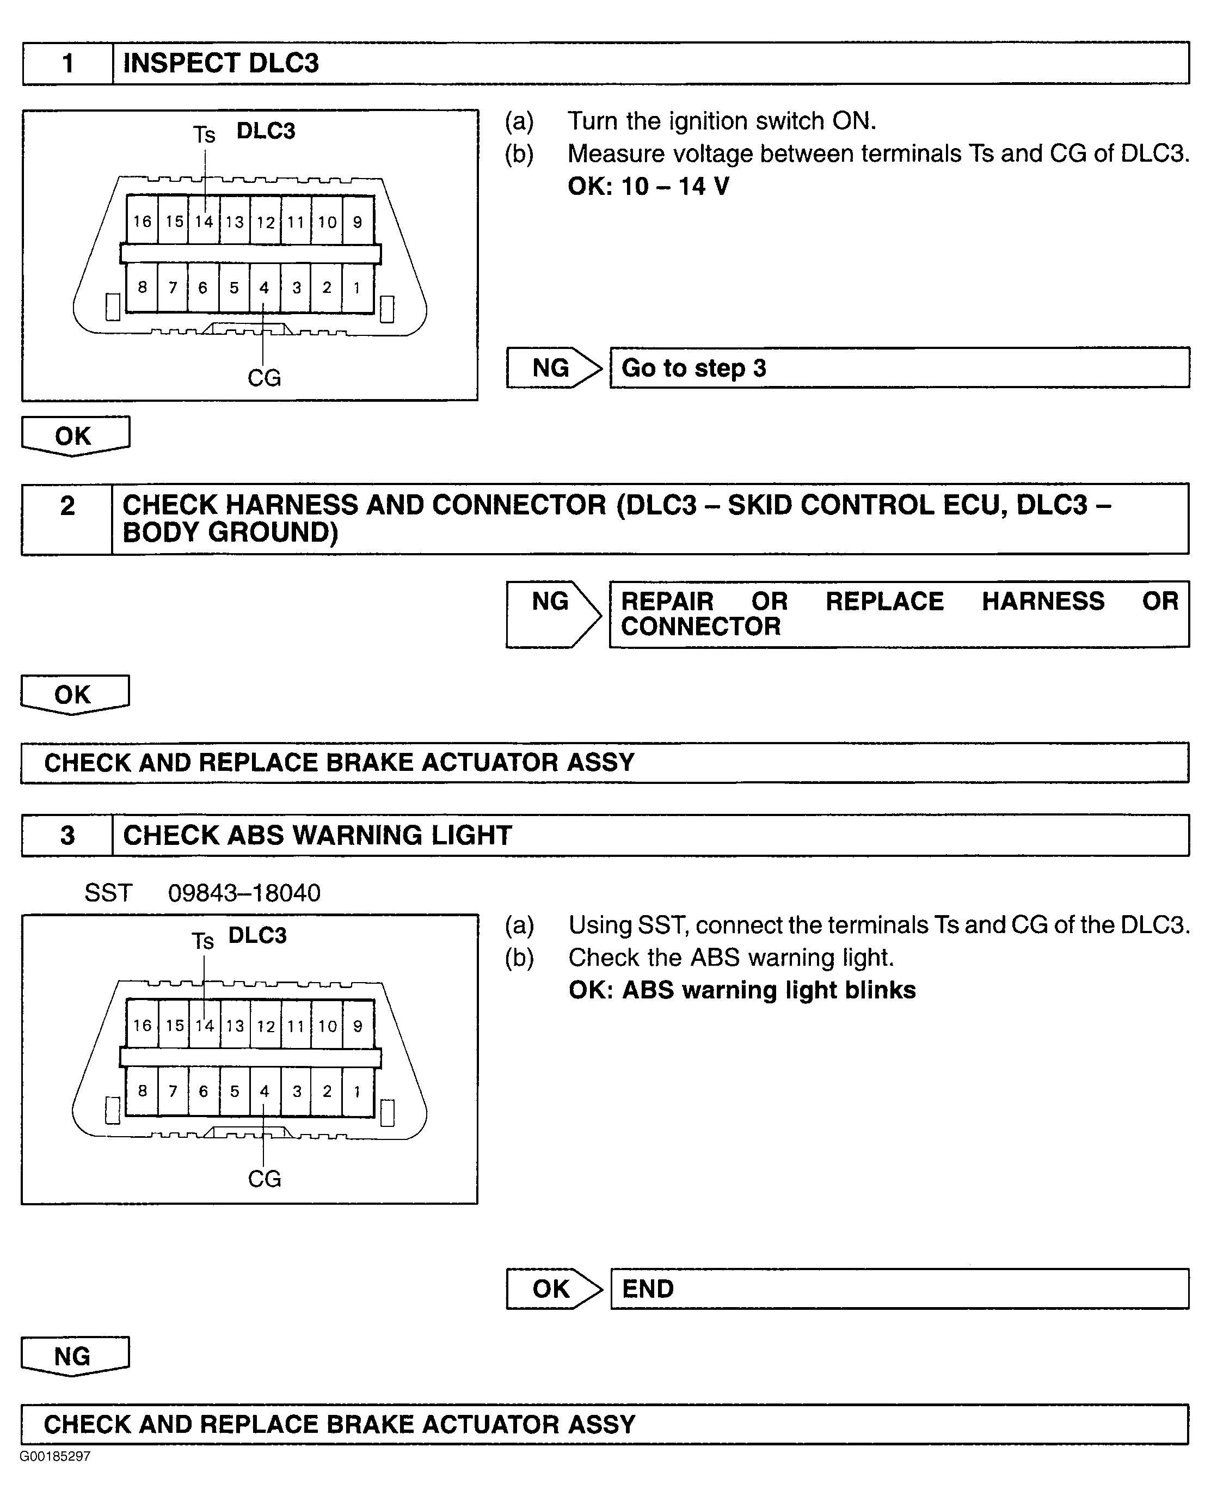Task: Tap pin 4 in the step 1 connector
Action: (x=265, y=287)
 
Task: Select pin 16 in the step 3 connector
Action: (x=142, y=1025)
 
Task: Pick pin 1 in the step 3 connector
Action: (x=357, y=1091)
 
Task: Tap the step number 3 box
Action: (x=67, y=835)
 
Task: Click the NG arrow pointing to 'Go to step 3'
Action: (x=553, y=367)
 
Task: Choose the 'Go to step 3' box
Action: (x=899, y=367)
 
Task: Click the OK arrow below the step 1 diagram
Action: (x=75, y=436)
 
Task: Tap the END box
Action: (x=899, y=1289)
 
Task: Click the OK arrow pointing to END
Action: (x=553, y=1289)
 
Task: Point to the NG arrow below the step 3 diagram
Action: (x=75, y=1356)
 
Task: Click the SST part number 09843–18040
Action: (x=244, y=893)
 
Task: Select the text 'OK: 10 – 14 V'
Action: (x=648, y=186)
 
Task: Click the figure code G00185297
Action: (x=55, y=1456)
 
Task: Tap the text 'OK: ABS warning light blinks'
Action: (x=741, y=990)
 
